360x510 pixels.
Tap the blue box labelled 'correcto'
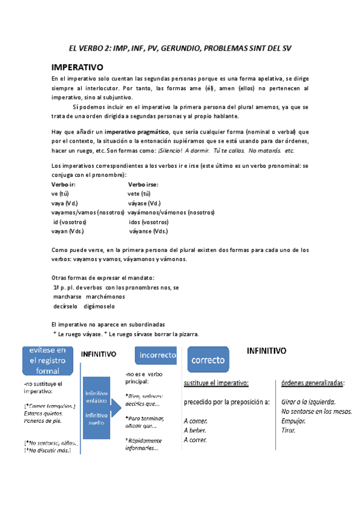click(x=208, y=360)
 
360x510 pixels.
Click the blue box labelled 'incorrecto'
click(x=157, y=355)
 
